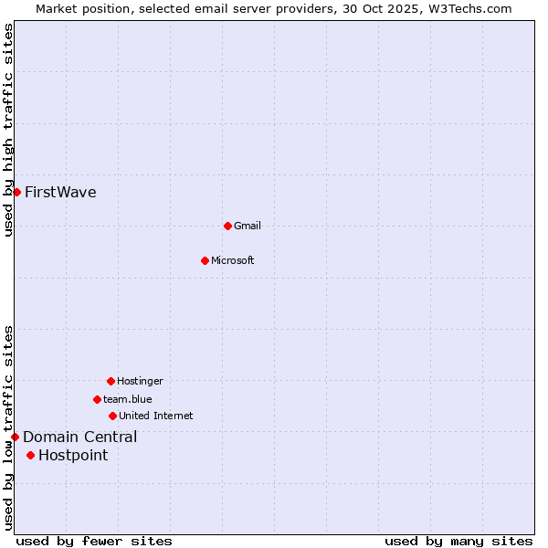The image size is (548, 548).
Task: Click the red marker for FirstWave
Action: tap(16, 192)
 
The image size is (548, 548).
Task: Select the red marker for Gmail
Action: tap(227, 226)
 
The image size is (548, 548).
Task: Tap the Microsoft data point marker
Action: tap(205, 260)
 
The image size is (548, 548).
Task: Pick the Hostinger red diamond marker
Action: tap(111, 381)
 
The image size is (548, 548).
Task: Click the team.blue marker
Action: tap(97, 399)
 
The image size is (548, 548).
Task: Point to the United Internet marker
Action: tap(112, 416)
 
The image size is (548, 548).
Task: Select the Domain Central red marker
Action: tap(15, 437)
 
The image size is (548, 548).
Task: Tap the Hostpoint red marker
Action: tap(30, 455)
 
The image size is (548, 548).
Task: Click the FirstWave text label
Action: tap(60, 193)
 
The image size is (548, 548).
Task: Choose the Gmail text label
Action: tap(248, 227)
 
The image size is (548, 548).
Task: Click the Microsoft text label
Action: tap(233, 261)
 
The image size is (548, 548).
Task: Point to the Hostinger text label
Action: tap(140, 382)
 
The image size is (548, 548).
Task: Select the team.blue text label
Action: tap(128, 400)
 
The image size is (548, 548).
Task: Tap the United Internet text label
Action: tap(156, 416)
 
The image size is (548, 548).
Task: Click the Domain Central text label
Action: tap(80, 437)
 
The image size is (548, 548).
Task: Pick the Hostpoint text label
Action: tap(73, 456)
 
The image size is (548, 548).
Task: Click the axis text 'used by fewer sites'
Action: tap(94, 541)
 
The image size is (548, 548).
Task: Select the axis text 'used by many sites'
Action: tap(458, 541)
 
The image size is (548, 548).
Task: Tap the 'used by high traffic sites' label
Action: tap(9, 130)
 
